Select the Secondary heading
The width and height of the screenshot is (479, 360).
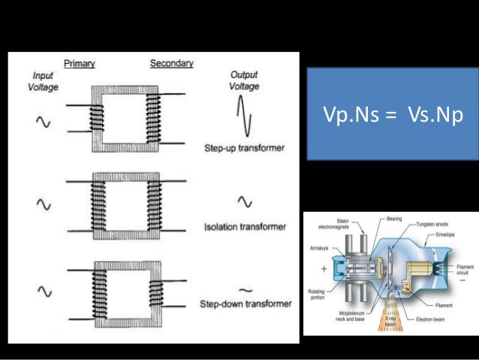point(171,63)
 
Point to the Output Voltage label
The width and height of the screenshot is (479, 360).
point(243,80)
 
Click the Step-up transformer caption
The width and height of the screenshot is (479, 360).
point(245,148)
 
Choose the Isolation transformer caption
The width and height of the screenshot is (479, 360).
point(245,225)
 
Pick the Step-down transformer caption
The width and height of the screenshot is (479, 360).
point(246,304)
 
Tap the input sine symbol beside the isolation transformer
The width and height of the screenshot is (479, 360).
point(44,204)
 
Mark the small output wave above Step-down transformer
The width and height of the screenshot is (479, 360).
point(245,289)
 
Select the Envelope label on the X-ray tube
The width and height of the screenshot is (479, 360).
point(444,234)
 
